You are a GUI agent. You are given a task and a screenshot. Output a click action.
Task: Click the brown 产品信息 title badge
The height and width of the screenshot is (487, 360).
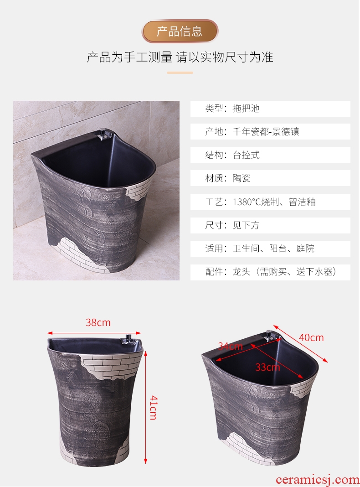180,31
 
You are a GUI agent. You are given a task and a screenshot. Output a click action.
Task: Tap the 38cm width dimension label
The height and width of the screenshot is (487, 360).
98,323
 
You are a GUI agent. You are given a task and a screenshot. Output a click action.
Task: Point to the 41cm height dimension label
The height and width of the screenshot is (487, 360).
153,408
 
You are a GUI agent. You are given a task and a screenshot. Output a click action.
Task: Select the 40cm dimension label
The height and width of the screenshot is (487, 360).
311,337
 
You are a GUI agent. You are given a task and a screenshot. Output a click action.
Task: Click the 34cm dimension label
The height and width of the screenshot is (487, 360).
230,346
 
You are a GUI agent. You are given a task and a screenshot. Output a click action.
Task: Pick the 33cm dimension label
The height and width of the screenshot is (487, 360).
267,368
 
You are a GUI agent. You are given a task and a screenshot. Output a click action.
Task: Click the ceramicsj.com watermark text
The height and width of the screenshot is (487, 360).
317,480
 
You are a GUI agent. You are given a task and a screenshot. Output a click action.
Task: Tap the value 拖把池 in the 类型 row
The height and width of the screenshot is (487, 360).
246,109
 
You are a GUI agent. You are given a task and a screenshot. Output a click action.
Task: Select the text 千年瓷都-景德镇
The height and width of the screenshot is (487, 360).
266,132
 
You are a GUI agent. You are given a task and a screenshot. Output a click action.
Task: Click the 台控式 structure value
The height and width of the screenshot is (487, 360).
246,155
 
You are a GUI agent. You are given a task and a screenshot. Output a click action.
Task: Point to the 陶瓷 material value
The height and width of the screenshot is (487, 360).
242,178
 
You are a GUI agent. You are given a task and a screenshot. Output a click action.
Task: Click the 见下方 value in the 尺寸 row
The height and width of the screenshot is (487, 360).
246,225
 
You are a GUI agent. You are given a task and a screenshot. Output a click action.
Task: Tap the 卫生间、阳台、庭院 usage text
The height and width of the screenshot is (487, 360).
274,249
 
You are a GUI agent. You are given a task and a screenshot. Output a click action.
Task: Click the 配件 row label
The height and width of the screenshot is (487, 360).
214,272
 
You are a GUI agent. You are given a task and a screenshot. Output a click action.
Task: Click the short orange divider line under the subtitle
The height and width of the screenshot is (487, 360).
180,73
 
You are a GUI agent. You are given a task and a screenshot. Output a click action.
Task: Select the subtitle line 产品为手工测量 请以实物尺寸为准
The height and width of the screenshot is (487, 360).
180,57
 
